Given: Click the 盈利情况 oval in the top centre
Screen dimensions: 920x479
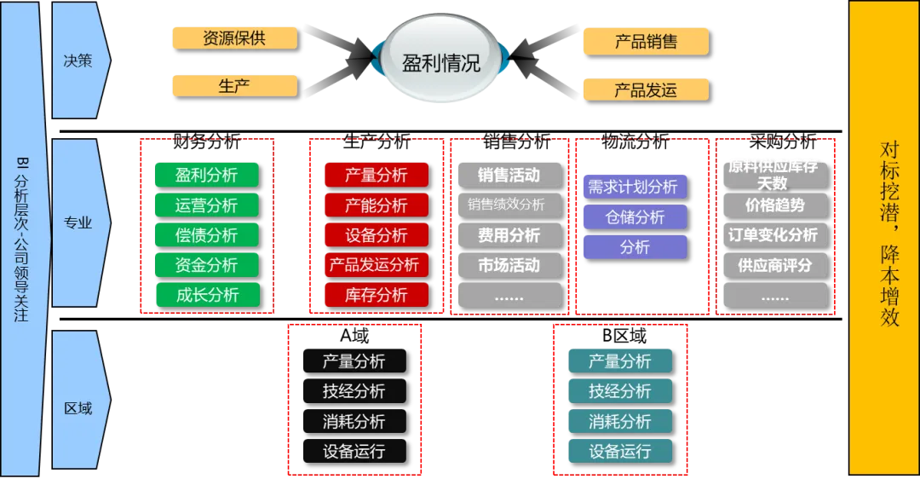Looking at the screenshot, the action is (440, 61).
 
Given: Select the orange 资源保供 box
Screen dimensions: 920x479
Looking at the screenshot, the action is (234, 38).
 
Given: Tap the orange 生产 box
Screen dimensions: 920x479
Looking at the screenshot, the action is (234, 86).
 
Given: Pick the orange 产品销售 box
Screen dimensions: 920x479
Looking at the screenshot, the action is (646, 41).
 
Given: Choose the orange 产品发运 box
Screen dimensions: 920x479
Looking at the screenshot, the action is (646, 89).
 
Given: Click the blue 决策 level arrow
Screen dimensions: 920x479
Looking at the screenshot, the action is (79, 61).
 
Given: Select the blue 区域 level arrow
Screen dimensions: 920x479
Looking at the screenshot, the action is (79, 407).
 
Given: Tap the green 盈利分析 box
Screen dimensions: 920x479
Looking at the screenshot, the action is (206, 176).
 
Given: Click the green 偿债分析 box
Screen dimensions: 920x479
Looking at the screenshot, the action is (206, 235).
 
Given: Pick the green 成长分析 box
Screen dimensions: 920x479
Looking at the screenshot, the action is (206, 295).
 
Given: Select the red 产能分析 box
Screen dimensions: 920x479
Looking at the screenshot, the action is (376, 205).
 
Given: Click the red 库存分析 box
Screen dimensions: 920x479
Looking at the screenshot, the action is (376, 295).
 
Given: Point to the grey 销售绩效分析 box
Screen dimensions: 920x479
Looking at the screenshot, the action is (509, 205).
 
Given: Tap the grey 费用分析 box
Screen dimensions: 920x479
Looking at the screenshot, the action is (509, 235).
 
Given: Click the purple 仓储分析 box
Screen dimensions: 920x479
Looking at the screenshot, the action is (635, 217).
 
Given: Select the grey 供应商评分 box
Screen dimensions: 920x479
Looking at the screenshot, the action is (774, 265).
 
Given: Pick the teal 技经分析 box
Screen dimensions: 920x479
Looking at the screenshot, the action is (619, 391).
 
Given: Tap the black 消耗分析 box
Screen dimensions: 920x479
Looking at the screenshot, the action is (354, 421).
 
